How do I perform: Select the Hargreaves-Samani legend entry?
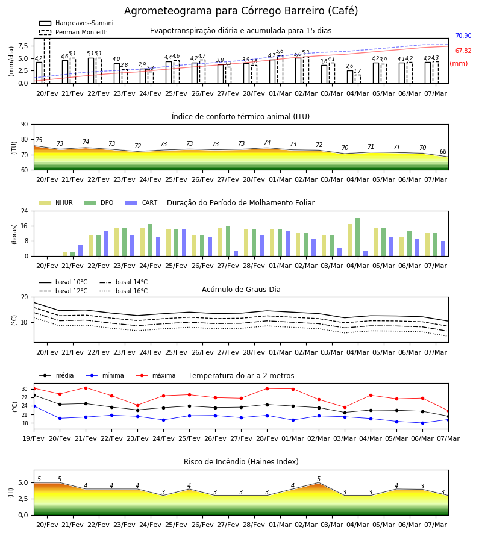pyautogui.click(x=76, y=23)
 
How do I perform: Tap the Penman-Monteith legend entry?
pyautogui.click(x=74, y=32)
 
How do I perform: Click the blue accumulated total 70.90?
pyautogui.click(x=463, y=36)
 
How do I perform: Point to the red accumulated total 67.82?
pyautogui.click(x=463, y=51)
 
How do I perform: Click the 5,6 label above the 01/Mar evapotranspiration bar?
pyautogui.click(x=280, y=51)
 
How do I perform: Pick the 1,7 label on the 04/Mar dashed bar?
pyautogui.click(x=357, y=71)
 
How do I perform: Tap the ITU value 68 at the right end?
pyautogui.click(x=443, y=151)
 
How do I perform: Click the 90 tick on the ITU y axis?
pyautogui.click(x=25, y=125)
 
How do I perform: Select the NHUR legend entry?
pyautogui.click(x=56, y=202)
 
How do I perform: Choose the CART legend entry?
pyautogui.click(x=142, y=202)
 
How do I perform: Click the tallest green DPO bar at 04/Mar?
pyautogui.click(x=357, y=237)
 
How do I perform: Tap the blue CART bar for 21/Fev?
pyautogui.click(x=81, y=251)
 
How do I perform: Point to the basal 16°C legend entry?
pyautogui.click(x=124, y=291)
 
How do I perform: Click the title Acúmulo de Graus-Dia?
pyautogui.click(x=241, y=290)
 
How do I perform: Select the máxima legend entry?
pyautogui.click(x=155, y=375)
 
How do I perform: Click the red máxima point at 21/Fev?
pyautogui.click(x=86, y=388)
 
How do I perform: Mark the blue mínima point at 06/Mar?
pyautogui.click(x=422, y=423)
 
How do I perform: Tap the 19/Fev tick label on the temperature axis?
pyautogui.click(x=34, y=438)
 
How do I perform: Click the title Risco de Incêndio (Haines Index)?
pyautogui.click(x=241, y=462)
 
